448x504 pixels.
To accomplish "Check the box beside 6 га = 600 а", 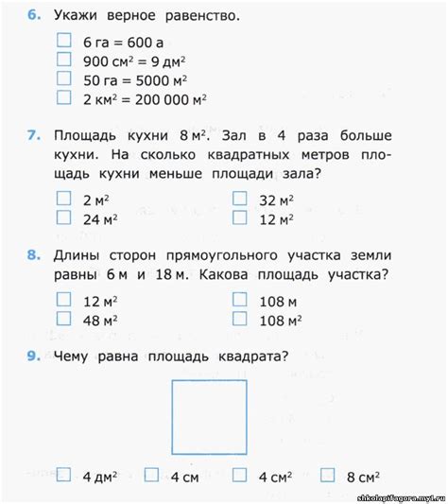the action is pos(64,41).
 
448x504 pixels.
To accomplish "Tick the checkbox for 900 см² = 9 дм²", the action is pos(64,59).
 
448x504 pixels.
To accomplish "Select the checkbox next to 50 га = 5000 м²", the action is pos(64,78).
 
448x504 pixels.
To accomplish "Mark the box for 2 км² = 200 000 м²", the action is pos(64,96).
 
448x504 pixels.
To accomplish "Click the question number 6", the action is pos(34,16).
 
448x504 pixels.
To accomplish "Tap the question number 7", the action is pos(34,135).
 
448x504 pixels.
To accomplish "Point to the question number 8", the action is pos(34,255).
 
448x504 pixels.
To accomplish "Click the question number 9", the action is pos(34,356).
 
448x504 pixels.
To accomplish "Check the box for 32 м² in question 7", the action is pos(240,199).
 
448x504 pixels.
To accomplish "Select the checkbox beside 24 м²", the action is pos(64,217).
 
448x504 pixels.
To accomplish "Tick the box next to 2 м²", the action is pos(64,199).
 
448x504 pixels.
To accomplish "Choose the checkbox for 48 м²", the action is pos(64,319).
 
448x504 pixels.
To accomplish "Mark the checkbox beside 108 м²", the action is pos(240,319).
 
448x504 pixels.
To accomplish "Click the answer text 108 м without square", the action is pos(278,301).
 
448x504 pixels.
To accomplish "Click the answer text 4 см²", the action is pos(277,477).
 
